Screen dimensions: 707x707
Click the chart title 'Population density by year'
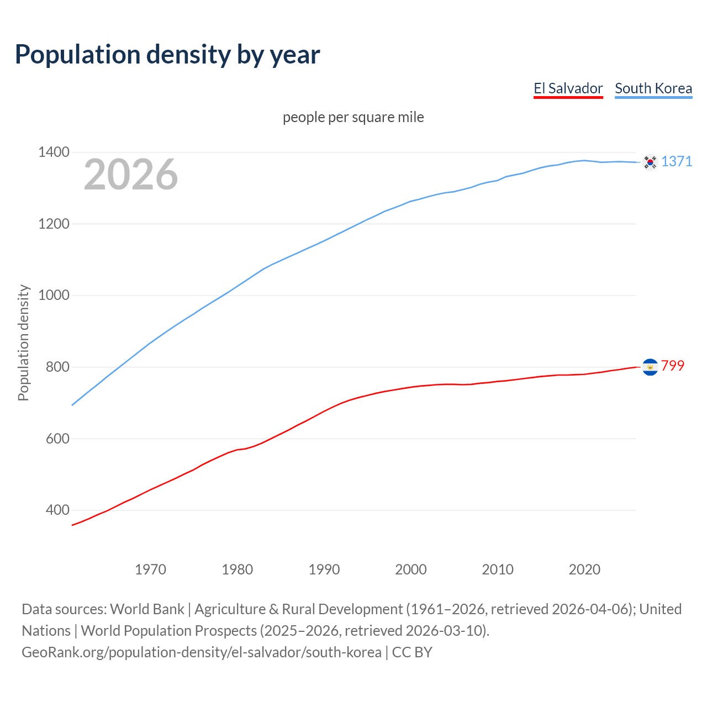tap(167, 55)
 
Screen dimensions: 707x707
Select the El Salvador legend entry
tap(568, 88)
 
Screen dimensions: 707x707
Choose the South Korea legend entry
tap(653, 88)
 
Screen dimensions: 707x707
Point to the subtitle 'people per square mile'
tap(353, 117)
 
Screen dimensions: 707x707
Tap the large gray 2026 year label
tap(131, 175)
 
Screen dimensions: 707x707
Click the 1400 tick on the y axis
tap(54, 152)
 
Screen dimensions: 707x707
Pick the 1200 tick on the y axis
tap(54, 224)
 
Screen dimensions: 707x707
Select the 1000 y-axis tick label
tap(54, 295)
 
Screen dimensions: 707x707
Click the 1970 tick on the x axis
tap(150, 569)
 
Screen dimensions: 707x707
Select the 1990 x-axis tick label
tap(324, 569)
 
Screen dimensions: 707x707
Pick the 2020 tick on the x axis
tap(584, 569)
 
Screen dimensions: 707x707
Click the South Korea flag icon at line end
tap(650, 162)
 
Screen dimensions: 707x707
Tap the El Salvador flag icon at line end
tap(650, 367)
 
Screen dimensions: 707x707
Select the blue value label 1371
tap(677, 161)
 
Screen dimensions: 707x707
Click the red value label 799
tap(673, 366)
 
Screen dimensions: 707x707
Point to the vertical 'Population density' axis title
tap(23, 342)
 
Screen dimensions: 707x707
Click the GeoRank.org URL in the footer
tap(202, 652)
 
